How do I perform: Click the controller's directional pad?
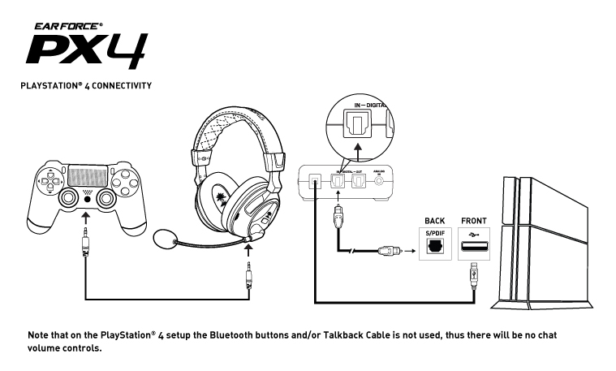(50, 175)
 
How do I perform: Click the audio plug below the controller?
(86, 248)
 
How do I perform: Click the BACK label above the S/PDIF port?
(434, 220)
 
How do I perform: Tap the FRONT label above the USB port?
(473, 220)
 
